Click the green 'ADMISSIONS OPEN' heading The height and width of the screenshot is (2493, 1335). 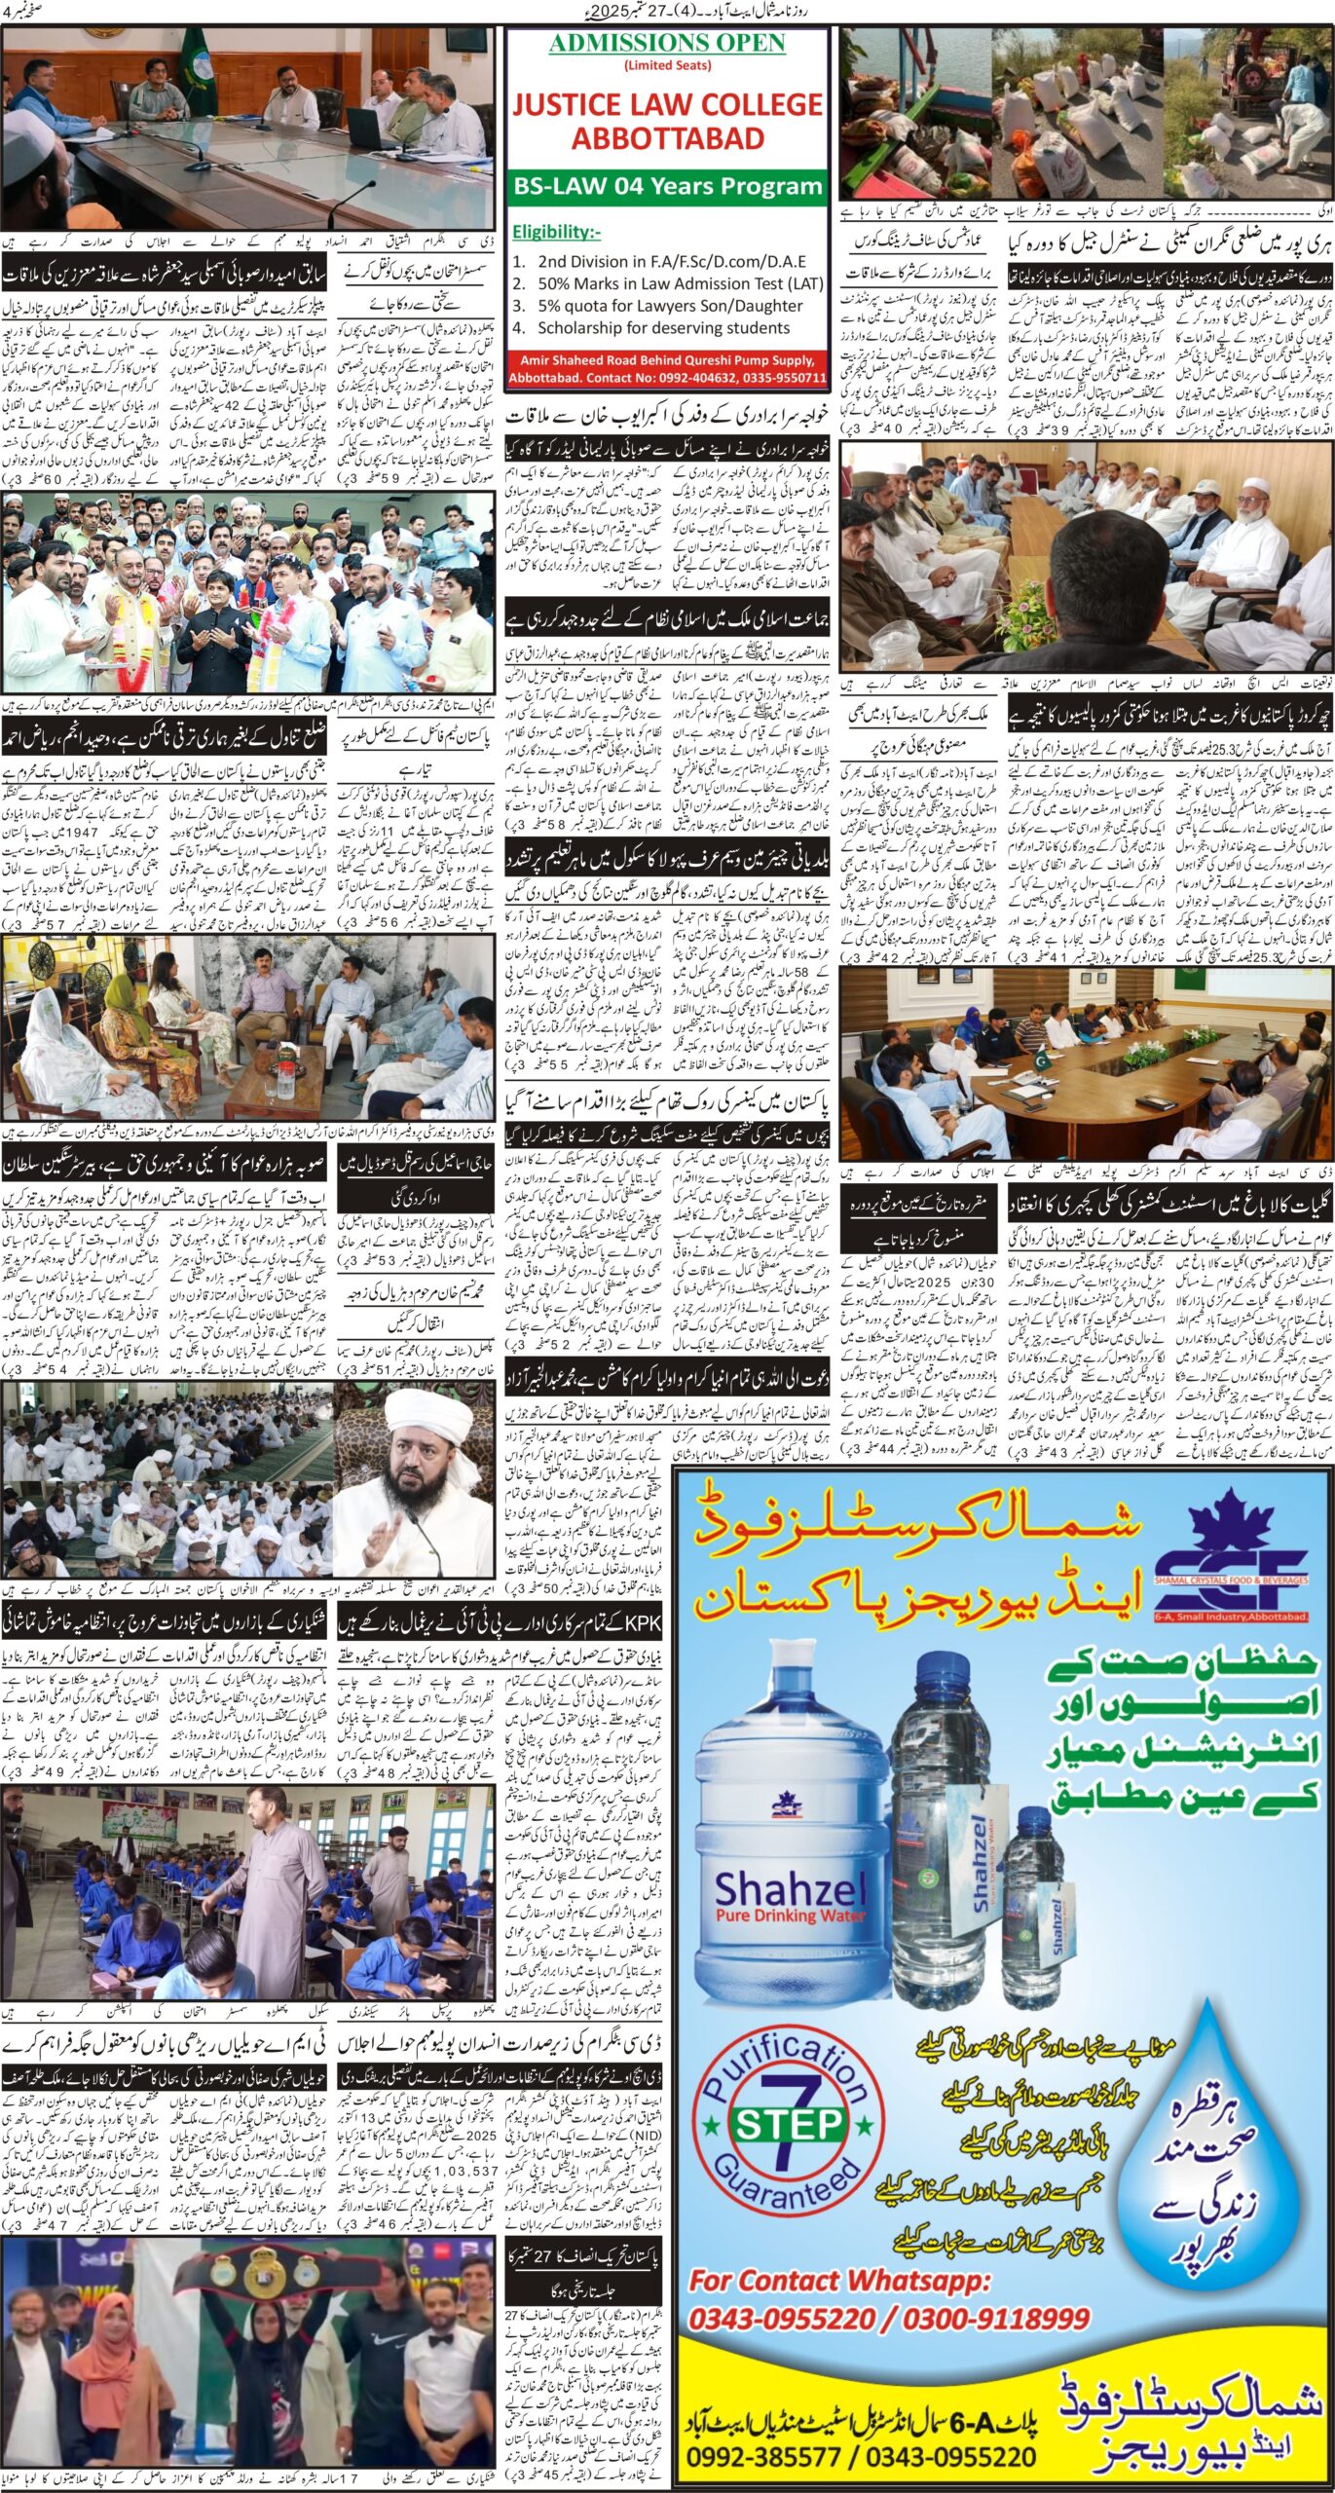[667, 43]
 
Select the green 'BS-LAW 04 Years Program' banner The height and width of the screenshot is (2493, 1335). [667, 185]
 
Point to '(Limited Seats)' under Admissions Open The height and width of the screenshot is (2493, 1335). [667, 65]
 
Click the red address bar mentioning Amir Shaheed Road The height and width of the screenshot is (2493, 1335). [667, 368]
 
